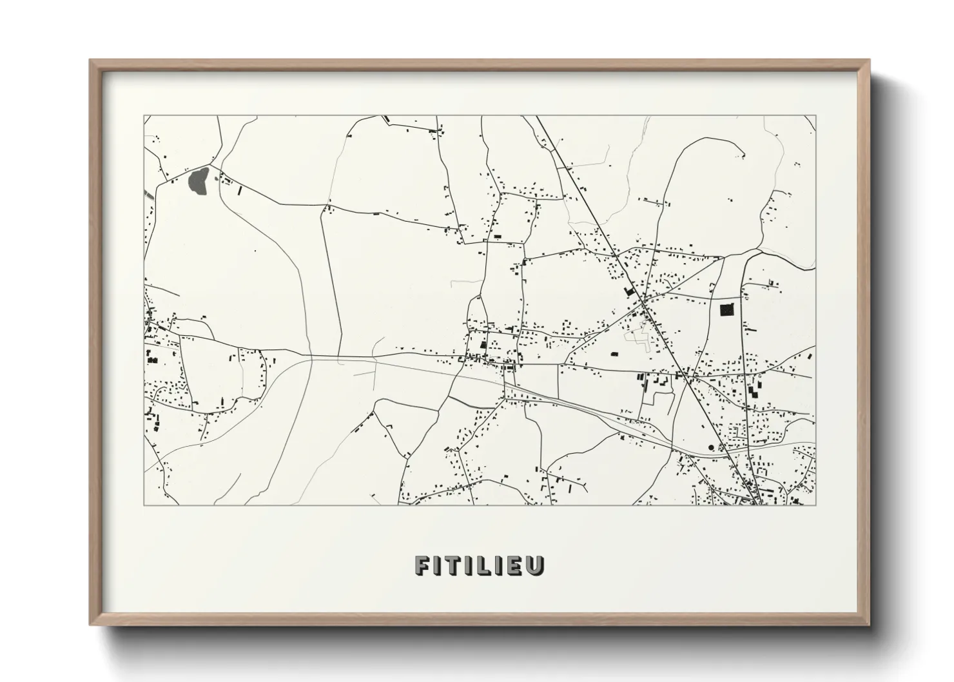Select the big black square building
pos(727,310)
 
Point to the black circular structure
pos(711,447)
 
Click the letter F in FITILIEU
pos(423,565)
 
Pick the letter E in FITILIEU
pos(520,565)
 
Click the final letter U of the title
pos(537,565)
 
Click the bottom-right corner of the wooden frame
pos(870,623)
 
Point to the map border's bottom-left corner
pos(144,505)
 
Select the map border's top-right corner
pos(815,116)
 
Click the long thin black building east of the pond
pos(241,191)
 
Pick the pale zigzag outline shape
pos(639,335)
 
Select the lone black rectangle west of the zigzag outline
pos(614,354)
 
